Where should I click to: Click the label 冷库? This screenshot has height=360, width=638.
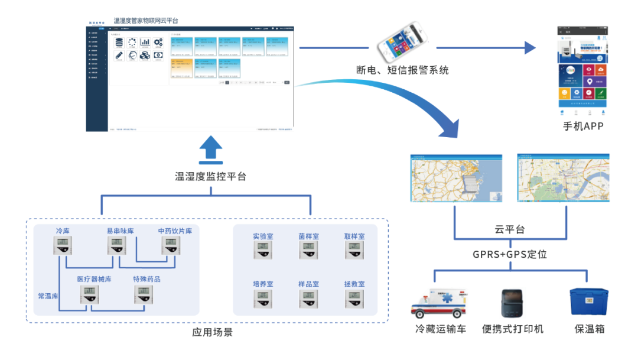[63, 231]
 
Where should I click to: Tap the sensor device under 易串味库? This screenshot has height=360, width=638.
[116, 245]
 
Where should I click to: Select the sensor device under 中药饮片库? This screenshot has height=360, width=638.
[171, 245]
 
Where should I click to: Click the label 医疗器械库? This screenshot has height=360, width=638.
[94, 279]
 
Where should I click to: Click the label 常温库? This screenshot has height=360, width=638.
[48, 296]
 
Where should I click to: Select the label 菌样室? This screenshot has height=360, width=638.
[308, 236]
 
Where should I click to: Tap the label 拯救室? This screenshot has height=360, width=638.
[354, 284]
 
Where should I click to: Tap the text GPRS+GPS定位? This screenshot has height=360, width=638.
[510, 255]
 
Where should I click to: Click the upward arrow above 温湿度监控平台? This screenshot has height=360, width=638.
[210, 150]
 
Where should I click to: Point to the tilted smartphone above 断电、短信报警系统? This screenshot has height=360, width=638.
[402, 42]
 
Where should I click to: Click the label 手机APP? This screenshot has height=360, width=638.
[583, 126]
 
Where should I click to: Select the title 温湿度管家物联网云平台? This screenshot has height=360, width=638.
[146, 21]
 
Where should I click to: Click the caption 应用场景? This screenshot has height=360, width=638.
[213, 332]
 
